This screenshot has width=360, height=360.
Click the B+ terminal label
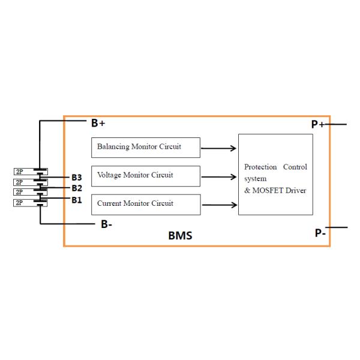(98, 123)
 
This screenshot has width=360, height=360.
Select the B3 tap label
(76, 177)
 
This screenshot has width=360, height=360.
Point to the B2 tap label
(76, 188)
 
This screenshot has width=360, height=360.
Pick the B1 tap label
(76, 200)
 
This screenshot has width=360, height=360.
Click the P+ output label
(317, 124)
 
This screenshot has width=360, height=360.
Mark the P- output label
(320, 233)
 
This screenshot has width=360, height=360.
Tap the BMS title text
(180, 236)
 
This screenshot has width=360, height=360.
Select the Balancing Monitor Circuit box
(146, 146)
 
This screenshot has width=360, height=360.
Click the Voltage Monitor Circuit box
(146, 176)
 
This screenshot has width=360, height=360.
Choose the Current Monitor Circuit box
(146, 204)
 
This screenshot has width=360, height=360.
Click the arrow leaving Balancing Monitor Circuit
(219, 147)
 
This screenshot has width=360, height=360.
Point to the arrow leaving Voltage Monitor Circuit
(219, 176)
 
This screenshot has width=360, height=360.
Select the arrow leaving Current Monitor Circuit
(219, 205)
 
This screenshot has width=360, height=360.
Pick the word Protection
(260, 167)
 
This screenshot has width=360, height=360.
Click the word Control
(295, 167)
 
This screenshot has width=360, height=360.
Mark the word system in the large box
(255, 179)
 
